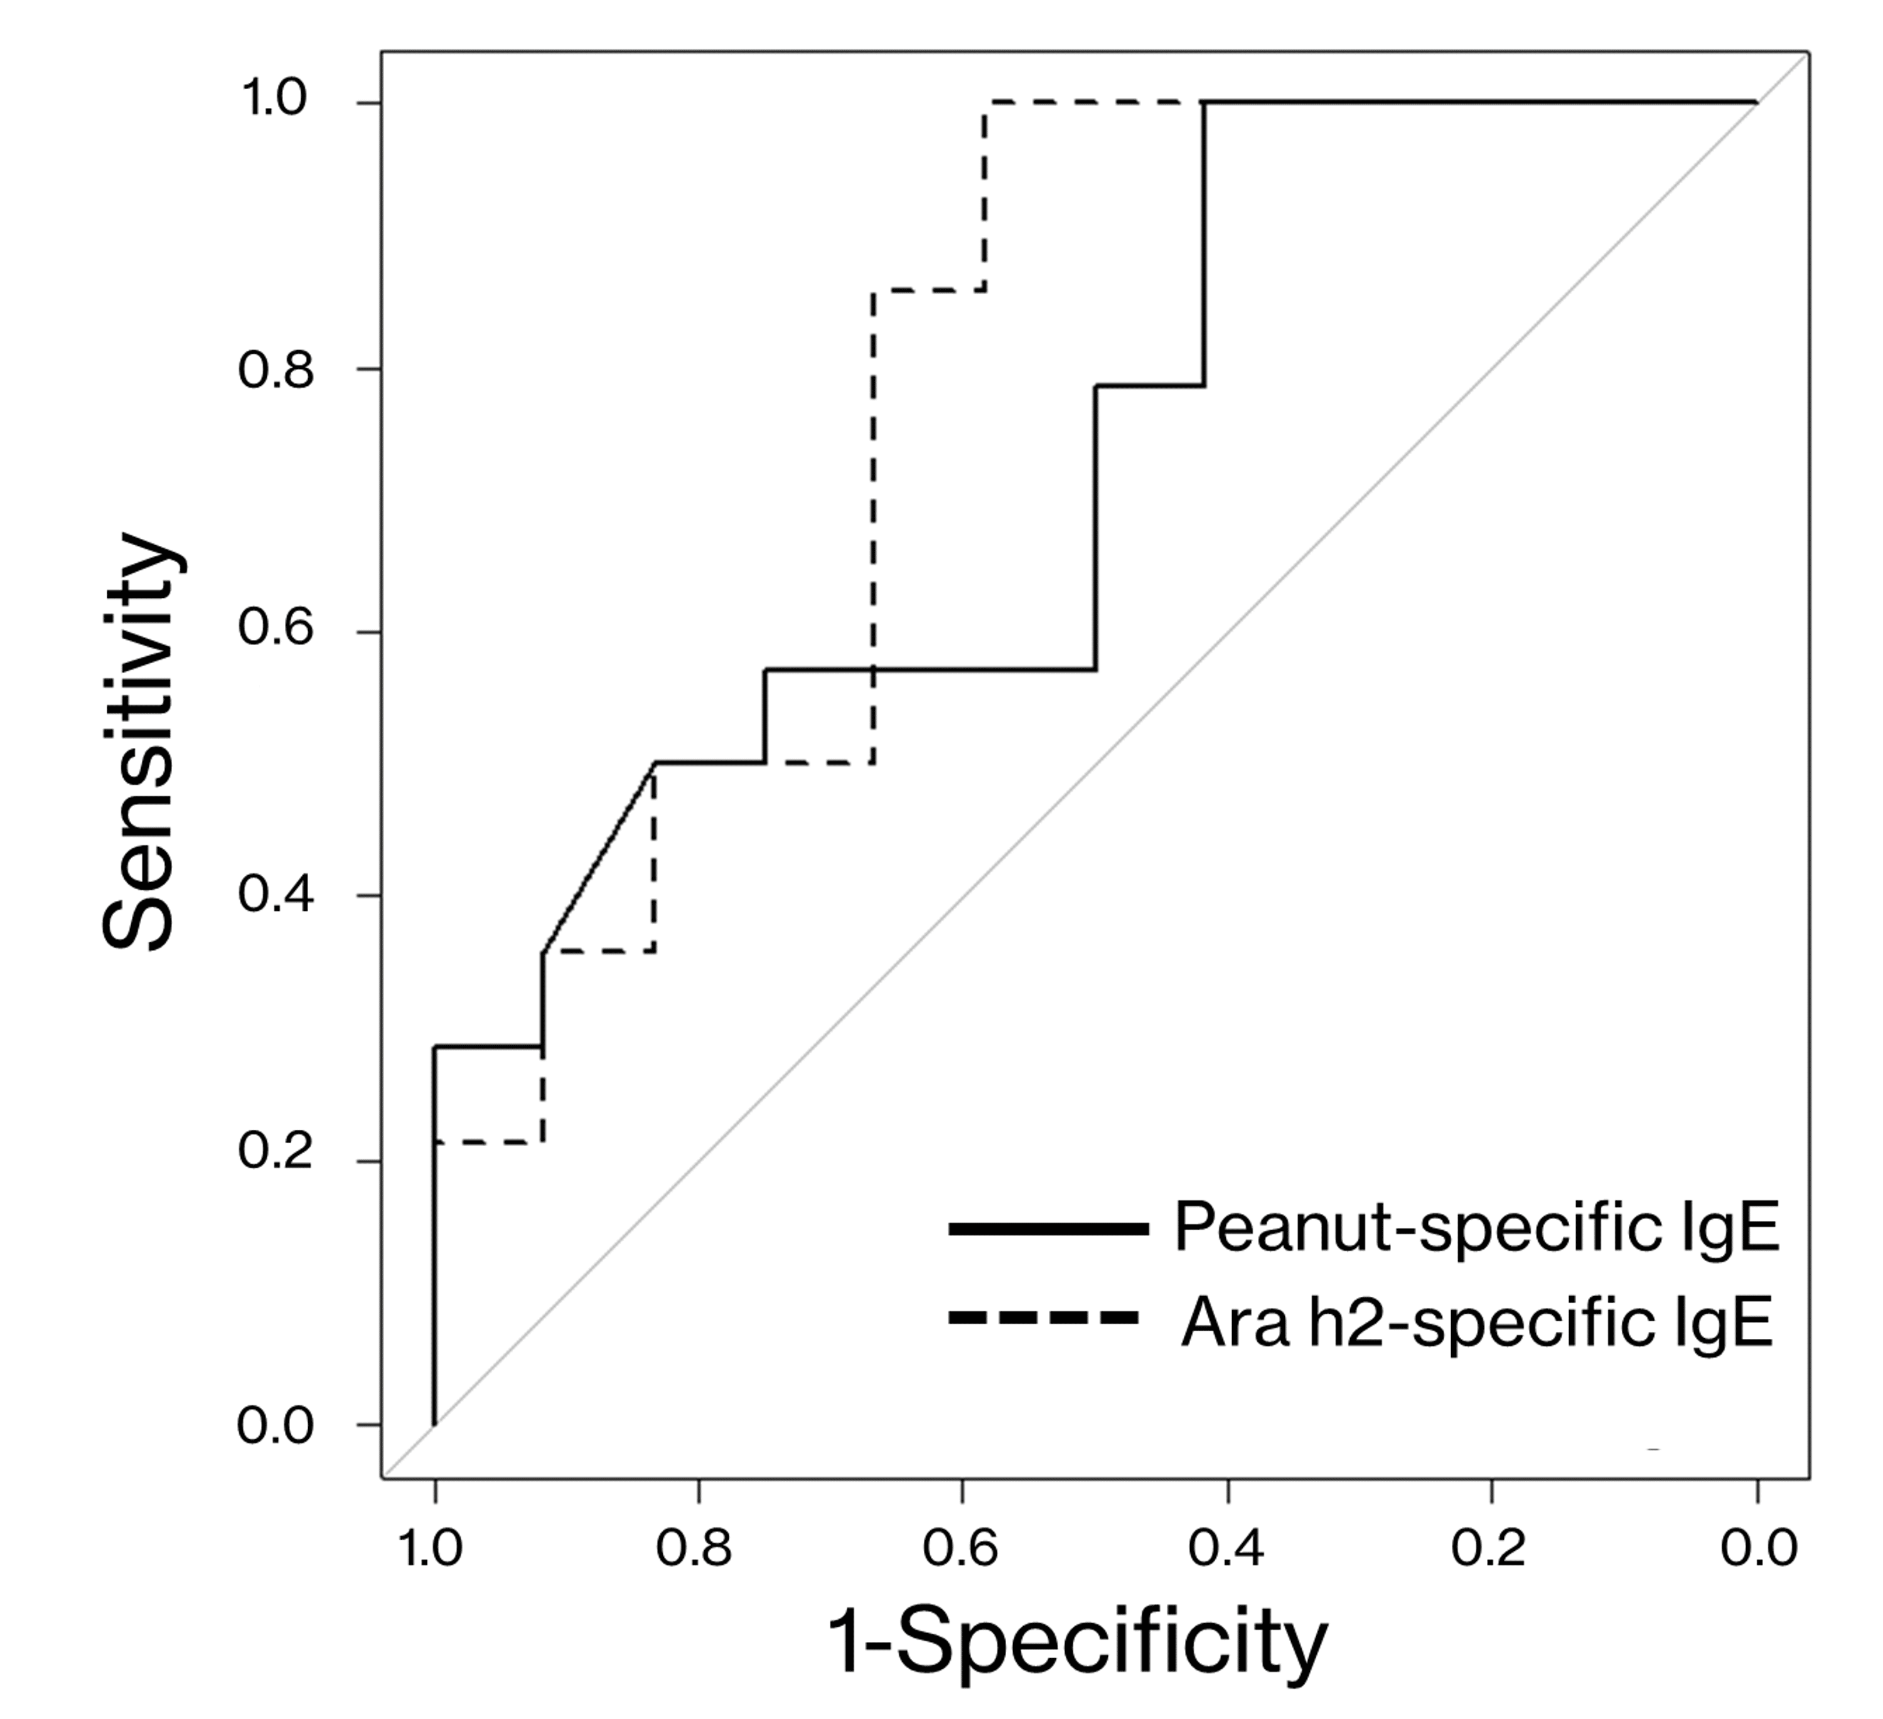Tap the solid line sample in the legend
(x=1048, y=1230)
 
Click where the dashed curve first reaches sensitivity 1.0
(x=984, y=103)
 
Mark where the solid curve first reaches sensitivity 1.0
(x=1204, y=103)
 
